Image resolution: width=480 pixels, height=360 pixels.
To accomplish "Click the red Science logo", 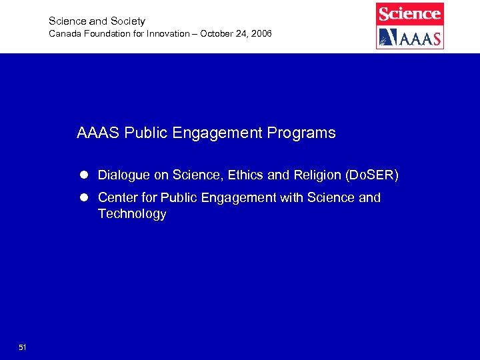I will click(409, 14).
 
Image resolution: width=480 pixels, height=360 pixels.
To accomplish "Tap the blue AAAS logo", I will click(409, 37).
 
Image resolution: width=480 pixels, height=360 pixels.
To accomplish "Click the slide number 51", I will click(23, 347).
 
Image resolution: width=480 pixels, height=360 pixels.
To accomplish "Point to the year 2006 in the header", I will click(259, 33).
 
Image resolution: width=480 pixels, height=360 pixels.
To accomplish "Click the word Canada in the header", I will click(64, 33).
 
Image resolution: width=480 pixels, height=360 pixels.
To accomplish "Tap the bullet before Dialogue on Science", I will click(85, 175).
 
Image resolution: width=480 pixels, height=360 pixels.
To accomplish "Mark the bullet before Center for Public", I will click(85, 198).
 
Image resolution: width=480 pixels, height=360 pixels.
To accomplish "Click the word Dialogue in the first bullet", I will click(124, 175).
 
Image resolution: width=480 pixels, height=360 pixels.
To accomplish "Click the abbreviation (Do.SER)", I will click(371, 175).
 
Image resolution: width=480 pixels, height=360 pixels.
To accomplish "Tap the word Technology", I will click(132, 214).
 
